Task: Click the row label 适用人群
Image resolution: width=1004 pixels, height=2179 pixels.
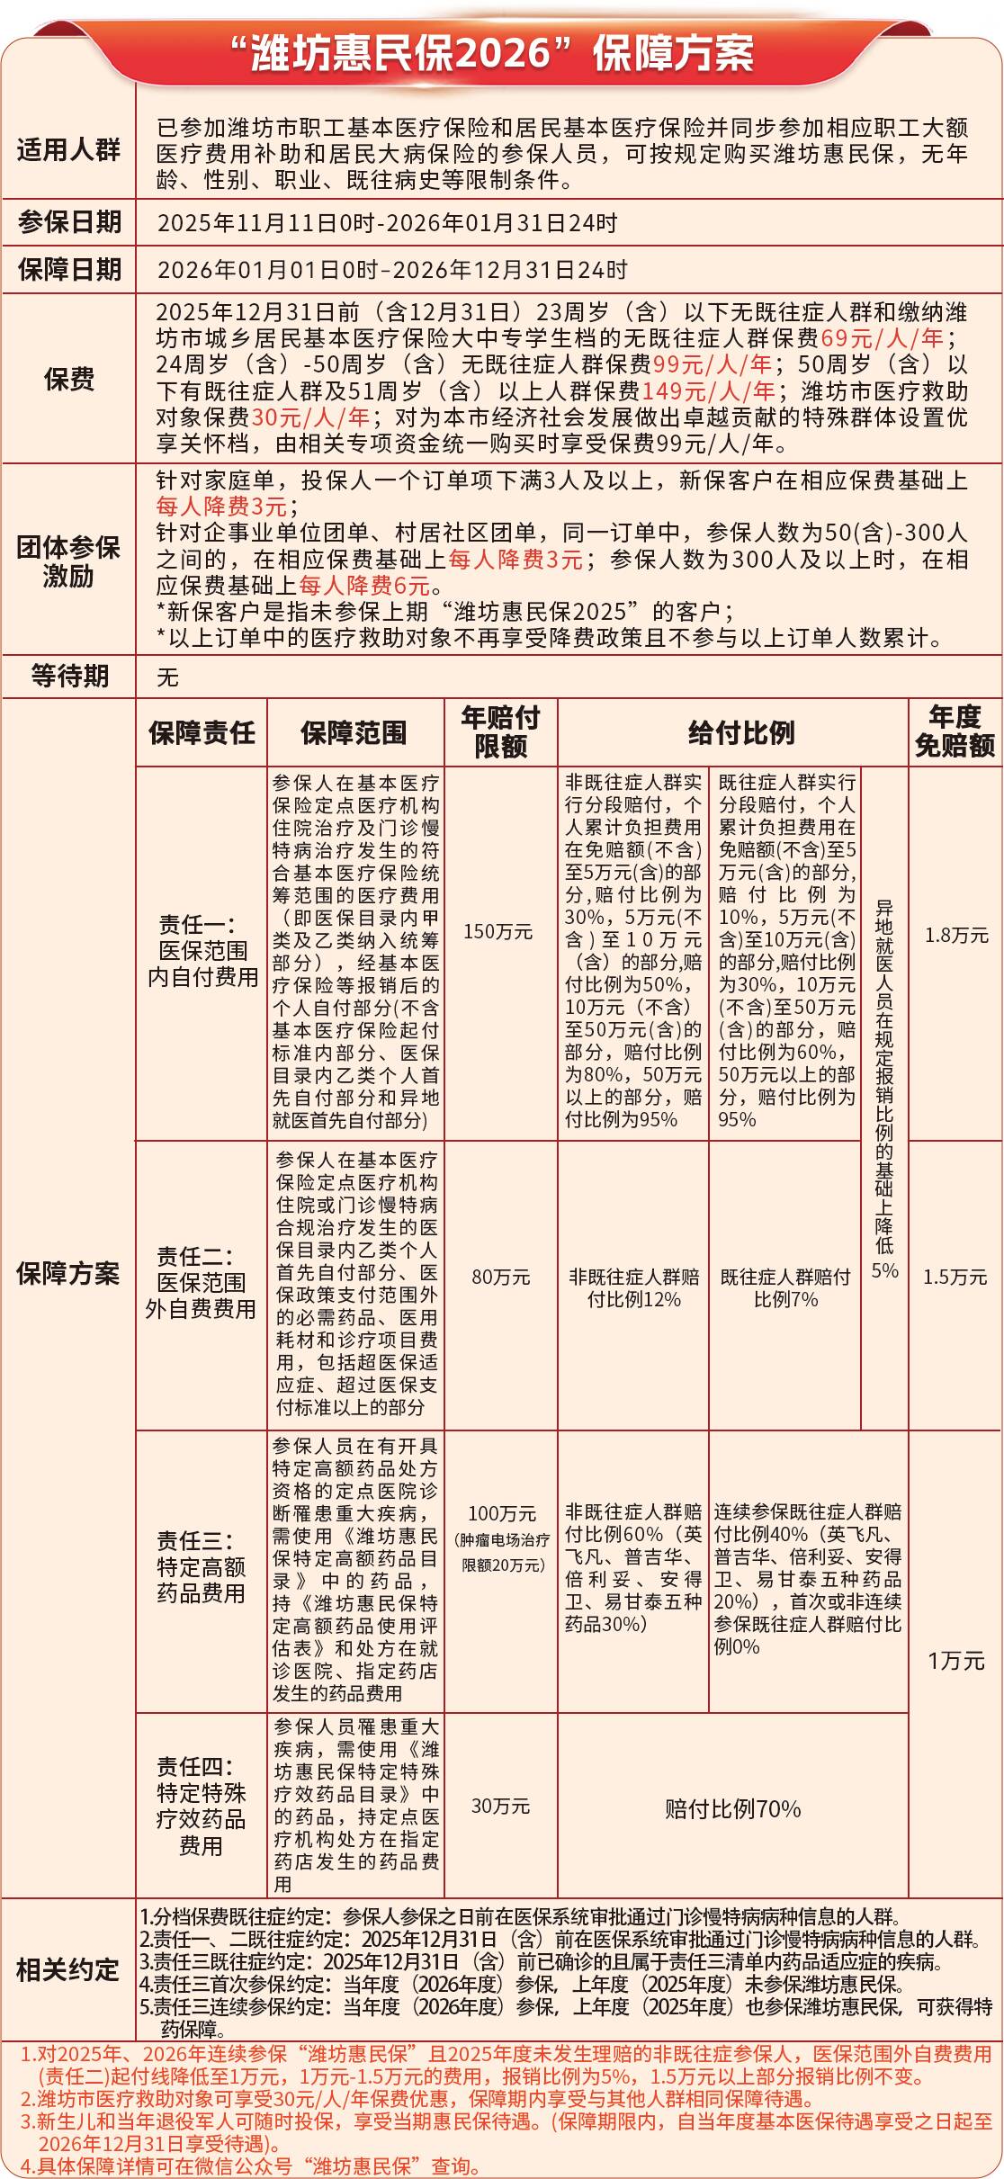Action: point(68,149)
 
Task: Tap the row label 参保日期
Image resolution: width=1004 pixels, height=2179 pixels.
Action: point(68,222)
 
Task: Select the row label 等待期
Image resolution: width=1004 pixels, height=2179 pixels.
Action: point(68,676)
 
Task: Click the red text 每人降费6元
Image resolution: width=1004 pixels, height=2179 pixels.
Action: point(365,586)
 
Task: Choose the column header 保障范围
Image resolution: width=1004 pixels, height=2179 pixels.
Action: point(354,732)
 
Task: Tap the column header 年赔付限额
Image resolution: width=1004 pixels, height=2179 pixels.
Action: point(500,731)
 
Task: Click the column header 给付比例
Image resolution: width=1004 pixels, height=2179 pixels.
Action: point(741,732)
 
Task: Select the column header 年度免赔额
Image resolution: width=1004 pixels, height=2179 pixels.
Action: point(955,731)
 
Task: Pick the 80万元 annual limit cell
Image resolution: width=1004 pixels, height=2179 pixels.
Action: point(500,1277)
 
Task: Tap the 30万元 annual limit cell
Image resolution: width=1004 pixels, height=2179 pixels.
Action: point(500,1806)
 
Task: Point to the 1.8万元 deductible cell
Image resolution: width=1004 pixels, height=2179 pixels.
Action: point(955,936)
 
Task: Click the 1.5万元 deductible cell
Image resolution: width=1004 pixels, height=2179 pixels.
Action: point(955,1277)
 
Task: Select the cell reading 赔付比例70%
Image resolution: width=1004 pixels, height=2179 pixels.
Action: point(732,1809)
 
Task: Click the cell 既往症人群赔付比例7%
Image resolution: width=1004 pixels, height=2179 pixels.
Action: point(784,1287)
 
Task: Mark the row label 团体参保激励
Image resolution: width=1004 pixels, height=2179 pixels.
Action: point(68,560)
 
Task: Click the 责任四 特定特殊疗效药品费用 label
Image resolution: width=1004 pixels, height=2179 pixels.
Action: point(201,1806)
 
